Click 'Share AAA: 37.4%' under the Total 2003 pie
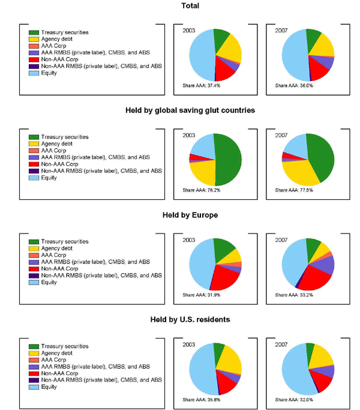[x=202, y=86]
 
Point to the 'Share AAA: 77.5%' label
[x=295, y=190]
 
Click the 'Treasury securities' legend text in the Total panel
[x=68, y=32]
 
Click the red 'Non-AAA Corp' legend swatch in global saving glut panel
[x=34, y=164]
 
